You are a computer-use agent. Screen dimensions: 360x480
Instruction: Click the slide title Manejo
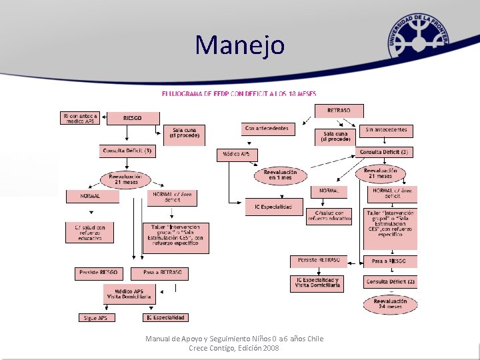[240, 45]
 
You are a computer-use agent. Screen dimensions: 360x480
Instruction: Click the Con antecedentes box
[267, 128]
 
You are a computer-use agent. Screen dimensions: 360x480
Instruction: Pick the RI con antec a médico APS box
[81, 118]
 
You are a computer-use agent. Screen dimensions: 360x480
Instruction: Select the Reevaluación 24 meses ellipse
[391, 305]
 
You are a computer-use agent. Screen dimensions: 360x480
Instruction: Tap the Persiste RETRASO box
[319, 260]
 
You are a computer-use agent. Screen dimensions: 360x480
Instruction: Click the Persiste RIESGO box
[99, 273]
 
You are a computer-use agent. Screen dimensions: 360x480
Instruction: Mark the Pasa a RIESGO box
[390, 261]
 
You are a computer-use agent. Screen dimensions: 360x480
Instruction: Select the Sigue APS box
[97, 318]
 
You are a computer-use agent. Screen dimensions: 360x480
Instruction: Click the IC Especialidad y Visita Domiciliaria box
[317, 283]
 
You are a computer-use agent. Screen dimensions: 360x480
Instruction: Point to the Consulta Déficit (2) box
[390, 282]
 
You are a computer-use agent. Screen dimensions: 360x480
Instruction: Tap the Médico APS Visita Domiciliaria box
[129, 293]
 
